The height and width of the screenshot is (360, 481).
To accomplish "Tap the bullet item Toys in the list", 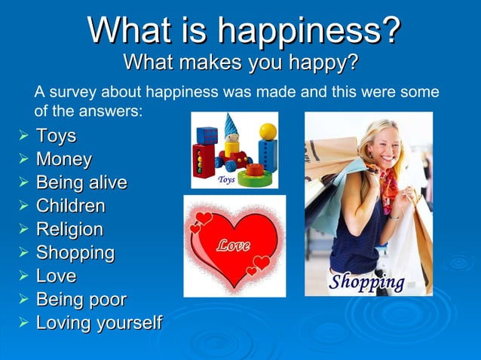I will (56, 137).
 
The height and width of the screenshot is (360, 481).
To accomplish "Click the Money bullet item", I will (64, 160).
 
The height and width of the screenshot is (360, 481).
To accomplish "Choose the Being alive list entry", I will (81, 183).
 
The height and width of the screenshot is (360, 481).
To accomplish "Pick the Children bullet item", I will (71, 206).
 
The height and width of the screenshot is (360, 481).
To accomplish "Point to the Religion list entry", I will (70, 229).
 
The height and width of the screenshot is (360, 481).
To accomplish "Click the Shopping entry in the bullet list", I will (75, 252).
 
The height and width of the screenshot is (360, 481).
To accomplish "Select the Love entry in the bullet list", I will (56, 276).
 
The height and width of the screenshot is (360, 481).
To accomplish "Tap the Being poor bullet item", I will (81, 300).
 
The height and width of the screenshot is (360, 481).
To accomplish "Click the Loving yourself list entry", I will (99, 323).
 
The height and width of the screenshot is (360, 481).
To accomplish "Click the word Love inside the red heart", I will (234, 246).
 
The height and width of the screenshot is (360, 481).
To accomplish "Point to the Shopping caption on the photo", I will (366, 282).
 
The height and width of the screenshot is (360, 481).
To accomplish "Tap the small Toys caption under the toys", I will (226, 180).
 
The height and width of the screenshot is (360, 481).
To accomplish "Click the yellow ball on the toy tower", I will (268, 133).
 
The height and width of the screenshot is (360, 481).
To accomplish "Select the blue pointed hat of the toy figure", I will (231, 124).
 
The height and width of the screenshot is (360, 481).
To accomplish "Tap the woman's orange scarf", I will (389, 188).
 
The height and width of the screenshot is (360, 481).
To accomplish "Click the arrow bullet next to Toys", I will (23, 137).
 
